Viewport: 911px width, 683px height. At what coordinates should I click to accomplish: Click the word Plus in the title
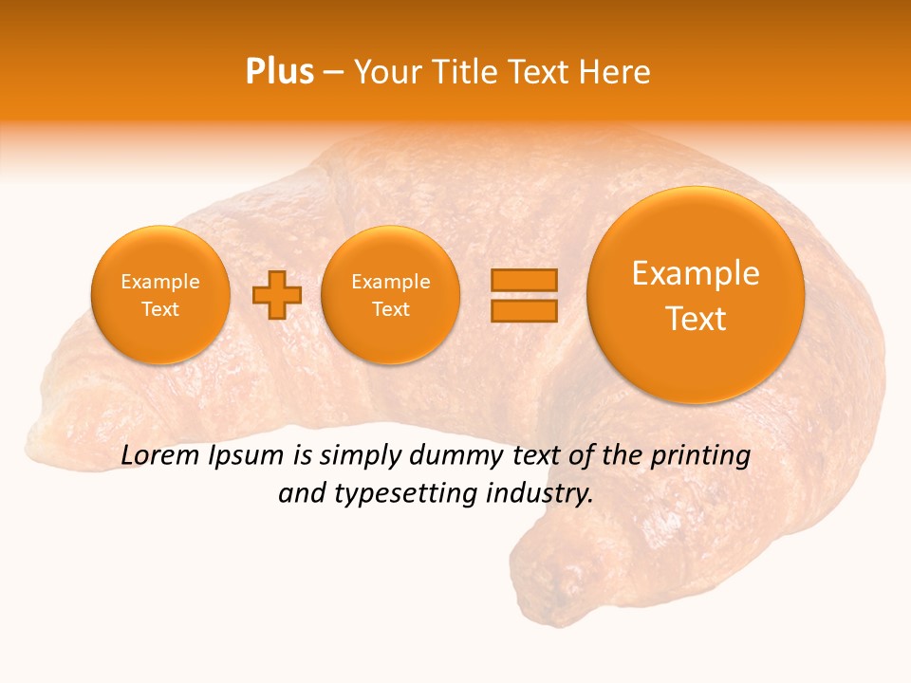(280, 72)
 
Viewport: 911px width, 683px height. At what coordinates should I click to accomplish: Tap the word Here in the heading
(616, 72)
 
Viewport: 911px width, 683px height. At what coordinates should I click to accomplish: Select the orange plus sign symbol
(276, 294)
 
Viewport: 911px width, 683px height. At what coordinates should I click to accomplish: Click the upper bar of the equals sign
(524, 280)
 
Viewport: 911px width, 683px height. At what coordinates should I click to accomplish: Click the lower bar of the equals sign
(524, 310)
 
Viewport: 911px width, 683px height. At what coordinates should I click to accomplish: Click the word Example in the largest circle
(696, 273)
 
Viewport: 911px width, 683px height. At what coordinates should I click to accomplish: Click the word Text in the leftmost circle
(160, 309)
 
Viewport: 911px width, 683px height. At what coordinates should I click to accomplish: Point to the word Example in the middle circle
(391, 282)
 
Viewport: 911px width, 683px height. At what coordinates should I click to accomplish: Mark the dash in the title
(333, 72)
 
